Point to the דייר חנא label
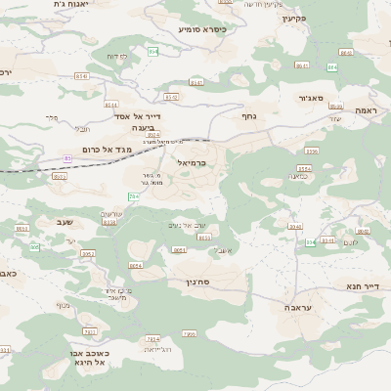361,286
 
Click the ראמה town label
366,110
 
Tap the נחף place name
248,115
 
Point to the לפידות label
116,57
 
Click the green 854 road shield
152,50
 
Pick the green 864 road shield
331,67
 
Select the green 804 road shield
310,241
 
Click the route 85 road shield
67,158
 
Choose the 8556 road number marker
312,152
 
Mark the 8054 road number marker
135,265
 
